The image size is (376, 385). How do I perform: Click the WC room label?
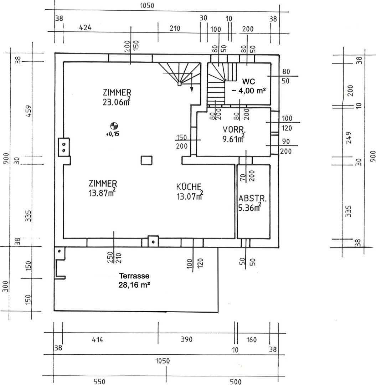247,80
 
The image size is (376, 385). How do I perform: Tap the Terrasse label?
134,276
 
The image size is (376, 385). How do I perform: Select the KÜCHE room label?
189,186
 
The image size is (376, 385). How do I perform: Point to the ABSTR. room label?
250,199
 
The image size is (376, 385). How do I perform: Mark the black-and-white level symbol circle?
114,125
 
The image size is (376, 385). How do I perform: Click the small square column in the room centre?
146,160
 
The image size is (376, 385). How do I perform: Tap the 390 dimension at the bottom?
186,339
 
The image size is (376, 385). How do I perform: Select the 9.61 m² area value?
232,139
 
